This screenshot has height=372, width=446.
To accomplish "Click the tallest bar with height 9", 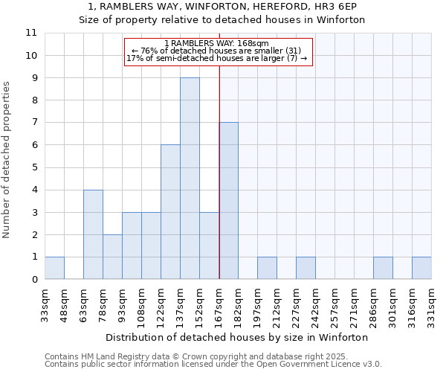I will pyautogui.click(x=190, y=179).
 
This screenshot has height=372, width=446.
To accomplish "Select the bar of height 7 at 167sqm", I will pyautogui.click(x=228, y=201).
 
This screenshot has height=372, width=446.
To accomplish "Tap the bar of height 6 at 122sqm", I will pyautogui.click(x=170, y=212).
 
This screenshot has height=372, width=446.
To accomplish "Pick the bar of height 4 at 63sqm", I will pyautogui.click(x=93, y=234).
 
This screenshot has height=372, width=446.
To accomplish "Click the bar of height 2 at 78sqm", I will pyautogui.click(x=112, y=257).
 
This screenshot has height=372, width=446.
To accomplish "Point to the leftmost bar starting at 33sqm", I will pyautogui.click(x=54, y=268).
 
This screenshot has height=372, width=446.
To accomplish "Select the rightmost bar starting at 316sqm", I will pyautogui.click(x=421, y=268).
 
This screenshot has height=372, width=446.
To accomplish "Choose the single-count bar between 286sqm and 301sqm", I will pyautogui.click(x=383, y=268).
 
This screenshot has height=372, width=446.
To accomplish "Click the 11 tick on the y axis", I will pyautogui.click(x=31, y=33).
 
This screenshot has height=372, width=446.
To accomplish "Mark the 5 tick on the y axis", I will pyautogui.click(x=34, y=167).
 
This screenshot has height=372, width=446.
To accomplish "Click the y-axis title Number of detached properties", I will pyautogui.click(x=7, y=160).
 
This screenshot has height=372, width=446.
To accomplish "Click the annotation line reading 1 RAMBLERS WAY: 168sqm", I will pyautogui.click(x=216, y=44).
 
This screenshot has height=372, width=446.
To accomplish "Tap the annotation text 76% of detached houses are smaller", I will pyautogui.click(x=216, y=51).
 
